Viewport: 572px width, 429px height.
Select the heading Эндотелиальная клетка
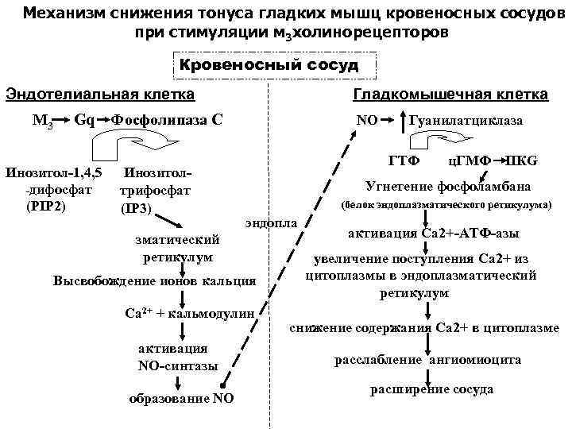(100, 95)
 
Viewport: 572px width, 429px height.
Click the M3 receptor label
(43, 121)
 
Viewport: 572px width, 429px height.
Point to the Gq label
(85, 120)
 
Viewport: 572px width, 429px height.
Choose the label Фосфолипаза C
(166, 120)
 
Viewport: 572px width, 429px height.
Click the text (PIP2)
(45, 207)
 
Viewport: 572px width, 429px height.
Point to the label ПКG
(522, 161)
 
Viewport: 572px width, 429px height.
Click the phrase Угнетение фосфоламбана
(447, 187)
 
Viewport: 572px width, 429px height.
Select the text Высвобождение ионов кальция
(154, 281)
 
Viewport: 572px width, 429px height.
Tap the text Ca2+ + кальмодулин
(190, 312)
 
